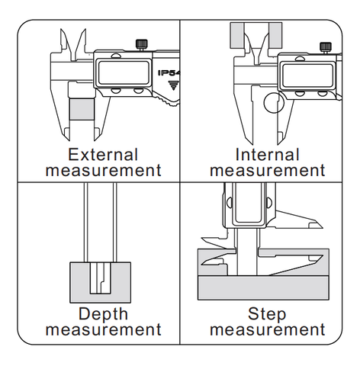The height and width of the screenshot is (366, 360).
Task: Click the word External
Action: (103, 155)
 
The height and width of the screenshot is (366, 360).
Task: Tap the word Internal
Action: (267, 155)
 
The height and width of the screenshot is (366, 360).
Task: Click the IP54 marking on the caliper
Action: (169, 73)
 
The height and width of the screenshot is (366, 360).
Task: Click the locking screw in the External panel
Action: (142, 45)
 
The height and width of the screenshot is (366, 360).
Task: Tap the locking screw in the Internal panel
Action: (326, 47)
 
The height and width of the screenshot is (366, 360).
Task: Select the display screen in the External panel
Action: (124, 72)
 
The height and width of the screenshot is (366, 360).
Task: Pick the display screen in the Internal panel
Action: (307, 75)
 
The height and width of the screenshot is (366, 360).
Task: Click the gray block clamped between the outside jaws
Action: (82, 110)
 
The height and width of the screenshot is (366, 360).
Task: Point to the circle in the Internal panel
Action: (274, 103)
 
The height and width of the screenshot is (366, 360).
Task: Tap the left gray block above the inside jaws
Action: (237, 35)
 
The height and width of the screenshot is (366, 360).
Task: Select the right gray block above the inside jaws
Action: (275, 35)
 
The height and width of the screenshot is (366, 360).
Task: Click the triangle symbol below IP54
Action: (173, 85)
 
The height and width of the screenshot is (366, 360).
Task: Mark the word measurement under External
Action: (103, 171)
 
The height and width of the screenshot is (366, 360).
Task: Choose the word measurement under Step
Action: (268, 329)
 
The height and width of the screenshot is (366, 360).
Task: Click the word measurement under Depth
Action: (103, 329)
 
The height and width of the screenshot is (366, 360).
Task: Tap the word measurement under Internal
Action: (268, 171)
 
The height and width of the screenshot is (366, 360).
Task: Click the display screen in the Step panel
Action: (247, 203)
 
